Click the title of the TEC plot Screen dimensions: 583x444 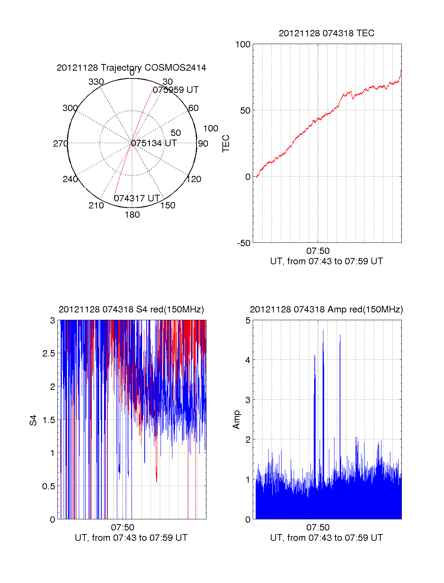[x=326, y=33]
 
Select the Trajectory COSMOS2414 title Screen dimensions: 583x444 [x=131, y=68]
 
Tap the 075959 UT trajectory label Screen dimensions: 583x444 [x=176, y=90]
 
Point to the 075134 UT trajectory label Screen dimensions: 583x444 [x=154, y=143]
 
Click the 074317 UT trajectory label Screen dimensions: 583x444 [x=137, y=198]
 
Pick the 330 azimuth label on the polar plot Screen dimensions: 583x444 [x=96, y=82]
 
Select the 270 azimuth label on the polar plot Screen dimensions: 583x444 [x=60, y=144]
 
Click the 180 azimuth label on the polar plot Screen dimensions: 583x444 [x=132, y=215]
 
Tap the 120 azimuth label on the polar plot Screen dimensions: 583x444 [x=194, y=179]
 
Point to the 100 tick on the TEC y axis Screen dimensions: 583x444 [x=243, y=44]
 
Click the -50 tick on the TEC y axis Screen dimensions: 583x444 [x=244, y=243]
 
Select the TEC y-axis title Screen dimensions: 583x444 [x=226, y=144]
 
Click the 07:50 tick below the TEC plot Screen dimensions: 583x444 [x=318, y=251]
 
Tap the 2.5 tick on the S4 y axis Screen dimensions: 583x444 [x=49, y=354]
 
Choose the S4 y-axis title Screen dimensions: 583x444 [x=33, y=421]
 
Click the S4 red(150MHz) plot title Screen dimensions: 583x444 [x=131, y=309]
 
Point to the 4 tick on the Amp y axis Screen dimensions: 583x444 [x=248, y=360]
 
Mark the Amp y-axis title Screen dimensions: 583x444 [x=236, y=420]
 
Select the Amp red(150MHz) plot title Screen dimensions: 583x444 [x=326, y=309]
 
